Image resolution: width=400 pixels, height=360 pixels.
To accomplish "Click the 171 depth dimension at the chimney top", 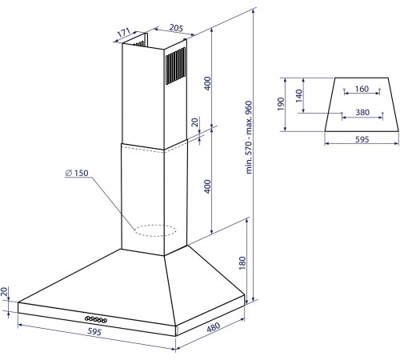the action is coord(123,33).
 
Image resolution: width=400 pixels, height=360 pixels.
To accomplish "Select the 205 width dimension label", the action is coord(176,28).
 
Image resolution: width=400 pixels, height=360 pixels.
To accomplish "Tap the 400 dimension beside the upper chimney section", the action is coord(207,83).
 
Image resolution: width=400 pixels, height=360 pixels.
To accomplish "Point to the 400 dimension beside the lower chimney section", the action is coord(207,186).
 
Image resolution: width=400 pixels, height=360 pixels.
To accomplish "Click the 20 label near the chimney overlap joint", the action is coord(195,122).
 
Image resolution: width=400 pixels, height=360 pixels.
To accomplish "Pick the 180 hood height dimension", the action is coord(242,263).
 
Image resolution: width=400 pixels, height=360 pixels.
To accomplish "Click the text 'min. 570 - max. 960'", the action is coord(248,138).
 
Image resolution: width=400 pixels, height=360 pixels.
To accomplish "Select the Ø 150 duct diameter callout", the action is coord(77,173).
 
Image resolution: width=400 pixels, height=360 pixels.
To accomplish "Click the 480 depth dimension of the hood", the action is coord(214,326).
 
